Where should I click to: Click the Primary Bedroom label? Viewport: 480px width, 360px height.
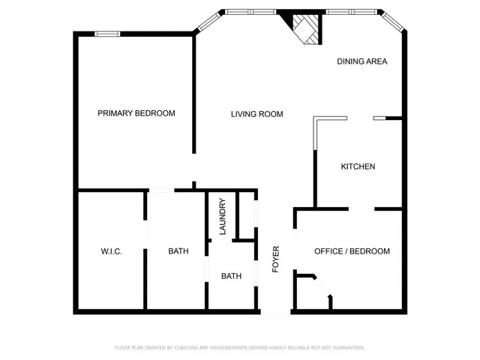[136, 113]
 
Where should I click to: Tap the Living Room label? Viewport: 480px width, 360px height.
[256, 114]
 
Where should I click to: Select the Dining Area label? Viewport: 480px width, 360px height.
[362, 61]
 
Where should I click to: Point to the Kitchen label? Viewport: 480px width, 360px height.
[358, 166]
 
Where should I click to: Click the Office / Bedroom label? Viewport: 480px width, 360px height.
[352, 251]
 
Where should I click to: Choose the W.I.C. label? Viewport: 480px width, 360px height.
[111, 251]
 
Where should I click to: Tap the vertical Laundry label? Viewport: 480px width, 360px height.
[223, 217]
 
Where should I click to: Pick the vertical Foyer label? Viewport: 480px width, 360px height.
[275, 257]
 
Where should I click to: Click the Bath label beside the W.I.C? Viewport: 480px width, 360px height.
[178, 251]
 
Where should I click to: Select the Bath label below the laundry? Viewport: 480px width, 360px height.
[231, 276]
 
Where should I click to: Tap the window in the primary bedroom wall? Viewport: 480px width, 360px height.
[107, 33]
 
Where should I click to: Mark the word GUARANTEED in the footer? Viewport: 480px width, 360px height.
[346, 348]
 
